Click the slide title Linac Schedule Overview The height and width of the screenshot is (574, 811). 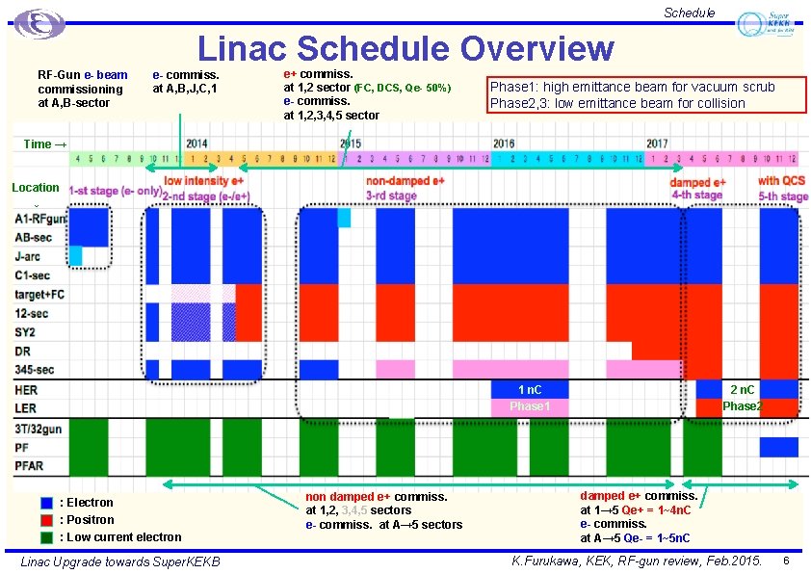(x=405, y=48)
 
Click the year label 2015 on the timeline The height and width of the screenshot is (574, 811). (x=352, y=143)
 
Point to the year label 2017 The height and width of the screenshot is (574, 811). (x=657, y=143)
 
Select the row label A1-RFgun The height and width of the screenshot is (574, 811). (x=40, y=220)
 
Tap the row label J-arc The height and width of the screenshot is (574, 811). (x=27, y=256)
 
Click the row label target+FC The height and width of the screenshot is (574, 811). (x=39, y=294)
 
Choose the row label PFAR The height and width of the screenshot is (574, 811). (x=29, y=466)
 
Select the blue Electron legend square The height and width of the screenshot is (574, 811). (x=46, y=502)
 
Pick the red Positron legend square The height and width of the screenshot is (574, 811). (x=46, y=519)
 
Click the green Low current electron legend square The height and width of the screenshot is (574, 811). (x=46, y=536)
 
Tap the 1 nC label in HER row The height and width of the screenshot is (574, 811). (x=530, y=389)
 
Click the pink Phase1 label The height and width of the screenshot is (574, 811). (x=530, y=406)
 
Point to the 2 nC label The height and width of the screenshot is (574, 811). (x=742, y=389)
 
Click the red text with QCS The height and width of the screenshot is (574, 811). (x=781, y=181)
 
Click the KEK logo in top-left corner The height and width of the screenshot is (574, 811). (x=39, y=23)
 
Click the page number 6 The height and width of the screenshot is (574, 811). (x=787, y=561)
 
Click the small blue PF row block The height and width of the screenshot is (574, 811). (x=778, y=447)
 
